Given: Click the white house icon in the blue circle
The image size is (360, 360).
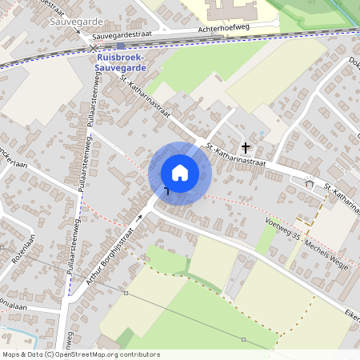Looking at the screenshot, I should pyautogui.click(x=180, y=172).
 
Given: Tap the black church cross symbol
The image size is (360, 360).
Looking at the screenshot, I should pyautogui.click(x=246, y=147).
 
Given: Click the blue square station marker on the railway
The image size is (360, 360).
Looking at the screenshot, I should pyautogui.click(x=120, y=46).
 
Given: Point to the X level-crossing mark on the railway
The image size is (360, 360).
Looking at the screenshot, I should pyautogui.click(x=94, y=49).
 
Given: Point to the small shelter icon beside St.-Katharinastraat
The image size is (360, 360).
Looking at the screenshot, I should pyautogui.click(x=310, y=183).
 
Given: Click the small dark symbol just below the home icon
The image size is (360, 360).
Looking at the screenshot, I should pyautogui.click(x=167, y=190).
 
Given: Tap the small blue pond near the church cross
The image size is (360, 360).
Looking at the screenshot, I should pyautogui.click(x=262, y=133).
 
